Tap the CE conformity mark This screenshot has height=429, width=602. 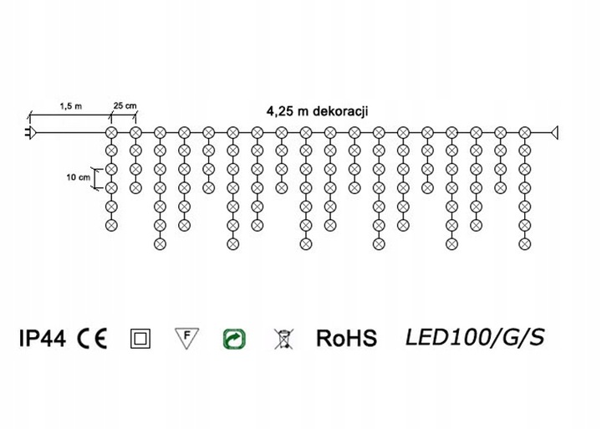tap(92, 338)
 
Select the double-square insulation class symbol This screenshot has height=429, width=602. tap(140, 339)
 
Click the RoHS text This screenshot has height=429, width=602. tap(346, 338)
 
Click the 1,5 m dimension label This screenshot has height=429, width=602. tap(70, 106)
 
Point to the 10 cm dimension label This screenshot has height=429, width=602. tap(78, 178)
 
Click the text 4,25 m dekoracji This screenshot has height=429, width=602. tap(318, 110)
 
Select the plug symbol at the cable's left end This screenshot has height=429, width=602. tap(30, 132)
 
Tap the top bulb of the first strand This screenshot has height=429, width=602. tap(110, 132)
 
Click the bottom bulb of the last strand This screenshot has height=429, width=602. tap(524, 243)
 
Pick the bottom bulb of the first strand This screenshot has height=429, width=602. tap(110, 224)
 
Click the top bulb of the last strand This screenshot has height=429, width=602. tap(524, 132)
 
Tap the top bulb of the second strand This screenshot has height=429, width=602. tap(134, 132)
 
